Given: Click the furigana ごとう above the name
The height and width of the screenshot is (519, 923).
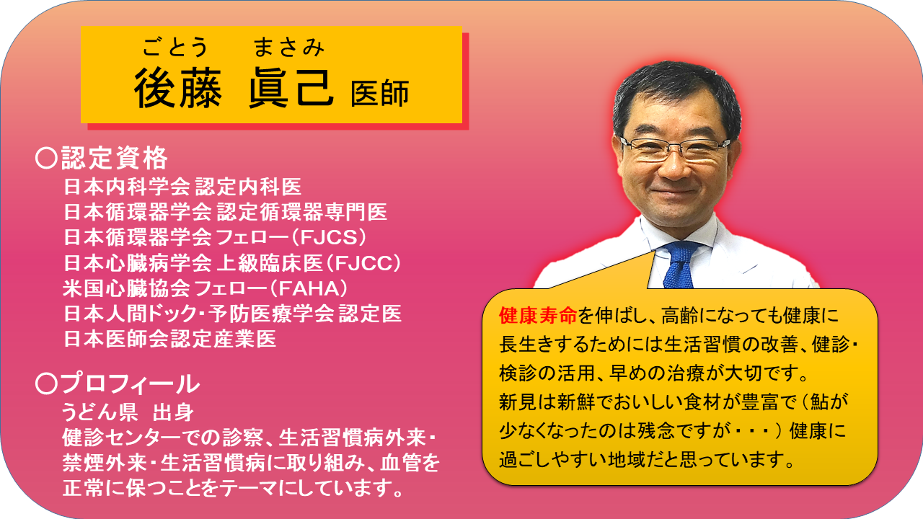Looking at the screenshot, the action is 175,47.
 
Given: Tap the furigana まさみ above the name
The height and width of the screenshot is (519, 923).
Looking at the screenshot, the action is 289,47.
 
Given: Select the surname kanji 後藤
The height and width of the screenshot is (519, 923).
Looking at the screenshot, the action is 178,89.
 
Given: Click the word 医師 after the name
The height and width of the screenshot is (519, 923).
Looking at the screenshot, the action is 379,93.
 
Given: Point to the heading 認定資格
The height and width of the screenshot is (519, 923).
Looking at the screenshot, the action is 114,158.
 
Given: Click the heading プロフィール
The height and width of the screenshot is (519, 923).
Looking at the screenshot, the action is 131,383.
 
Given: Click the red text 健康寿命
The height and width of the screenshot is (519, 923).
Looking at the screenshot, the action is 538,316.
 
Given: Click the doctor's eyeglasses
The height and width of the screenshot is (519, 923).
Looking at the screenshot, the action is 674,148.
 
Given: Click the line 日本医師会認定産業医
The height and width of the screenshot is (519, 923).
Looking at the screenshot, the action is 169,339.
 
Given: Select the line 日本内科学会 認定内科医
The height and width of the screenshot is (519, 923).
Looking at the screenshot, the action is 182,187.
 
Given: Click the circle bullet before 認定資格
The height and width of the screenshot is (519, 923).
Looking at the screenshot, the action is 46,158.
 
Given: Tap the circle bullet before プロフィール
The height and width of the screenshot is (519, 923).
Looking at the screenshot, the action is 46,383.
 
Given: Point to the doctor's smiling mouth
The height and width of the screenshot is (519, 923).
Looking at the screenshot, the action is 674,192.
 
